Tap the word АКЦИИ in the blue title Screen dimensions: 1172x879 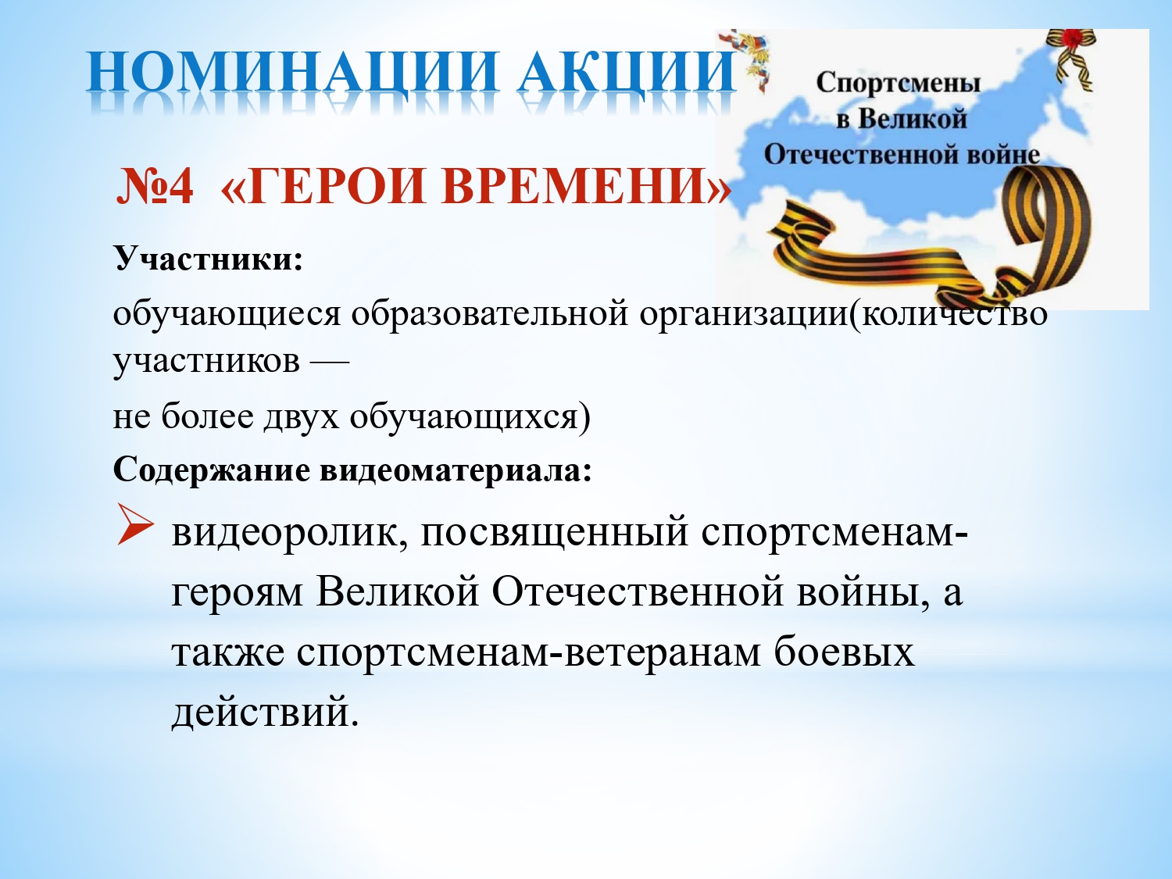[627, 73]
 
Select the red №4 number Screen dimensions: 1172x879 [154, 186]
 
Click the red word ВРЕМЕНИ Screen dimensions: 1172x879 [584, 187]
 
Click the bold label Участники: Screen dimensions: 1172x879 [209, 259]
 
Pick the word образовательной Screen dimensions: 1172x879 [489, 314]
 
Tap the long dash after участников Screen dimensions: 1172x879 [330, 363]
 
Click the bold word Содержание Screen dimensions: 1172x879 [212, 470]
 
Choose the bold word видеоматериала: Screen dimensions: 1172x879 [456, 470]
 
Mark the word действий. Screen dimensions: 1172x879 [265, 712]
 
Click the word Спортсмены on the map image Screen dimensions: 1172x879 [899, 84]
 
